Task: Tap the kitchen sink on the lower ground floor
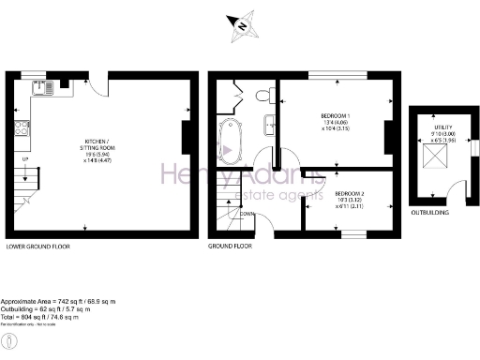tap(43, 89)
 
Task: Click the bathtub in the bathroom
tap(227, 140)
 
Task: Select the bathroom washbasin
tap(269, 121)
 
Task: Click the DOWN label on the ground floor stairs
tap(247, 214)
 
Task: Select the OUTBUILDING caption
tap(430, 212)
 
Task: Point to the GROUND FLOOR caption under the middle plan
tap(231, 246)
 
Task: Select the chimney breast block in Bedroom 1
tap(387, 136)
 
